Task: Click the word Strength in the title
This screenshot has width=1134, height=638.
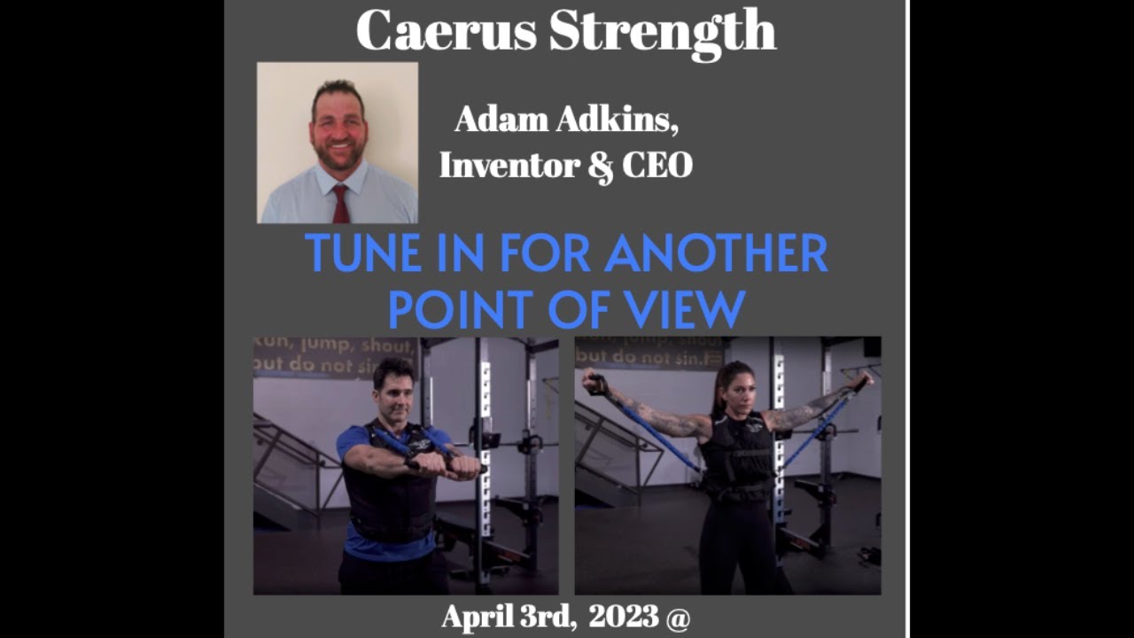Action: [662, 32]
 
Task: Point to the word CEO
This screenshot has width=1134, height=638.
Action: [656, 165]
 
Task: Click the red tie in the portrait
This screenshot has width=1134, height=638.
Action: [340, 204]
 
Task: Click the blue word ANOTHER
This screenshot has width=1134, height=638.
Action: [717, 255]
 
